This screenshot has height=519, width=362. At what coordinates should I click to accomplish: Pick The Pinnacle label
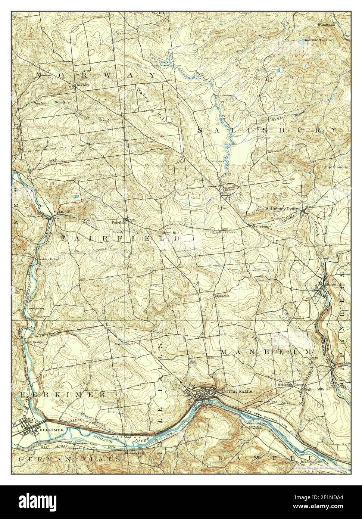click(335, 167)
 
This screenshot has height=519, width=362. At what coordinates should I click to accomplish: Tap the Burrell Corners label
click(222, 232)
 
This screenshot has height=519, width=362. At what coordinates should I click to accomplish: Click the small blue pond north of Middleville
click(77, 196)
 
